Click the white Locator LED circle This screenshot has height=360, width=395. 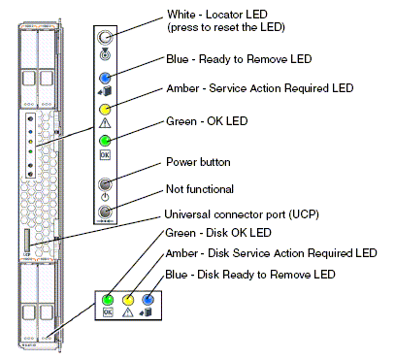105,38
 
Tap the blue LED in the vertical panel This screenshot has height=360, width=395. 105,78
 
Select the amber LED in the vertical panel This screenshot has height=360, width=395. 105,110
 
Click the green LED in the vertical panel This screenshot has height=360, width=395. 105,141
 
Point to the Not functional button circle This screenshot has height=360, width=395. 105,212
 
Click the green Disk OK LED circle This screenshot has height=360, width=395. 108,300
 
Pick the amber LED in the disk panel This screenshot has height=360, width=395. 128,300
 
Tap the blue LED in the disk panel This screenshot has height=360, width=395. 148,300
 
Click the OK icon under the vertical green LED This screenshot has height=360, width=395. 105,155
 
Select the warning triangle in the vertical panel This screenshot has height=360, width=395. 105,123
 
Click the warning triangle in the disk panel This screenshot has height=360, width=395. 128,312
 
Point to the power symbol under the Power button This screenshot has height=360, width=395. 105,197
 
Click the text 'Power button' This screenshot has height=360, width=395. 198,162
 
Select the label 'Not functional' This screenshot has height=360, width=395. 200,189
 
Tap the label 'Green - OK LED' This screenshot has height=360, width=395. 207,121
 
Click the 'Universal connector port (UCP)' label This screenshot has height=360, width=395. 242,214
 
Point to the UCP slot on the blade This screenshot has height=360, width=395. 27,241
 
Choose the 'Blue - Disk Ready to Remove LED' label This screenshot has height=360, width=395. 250,275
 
